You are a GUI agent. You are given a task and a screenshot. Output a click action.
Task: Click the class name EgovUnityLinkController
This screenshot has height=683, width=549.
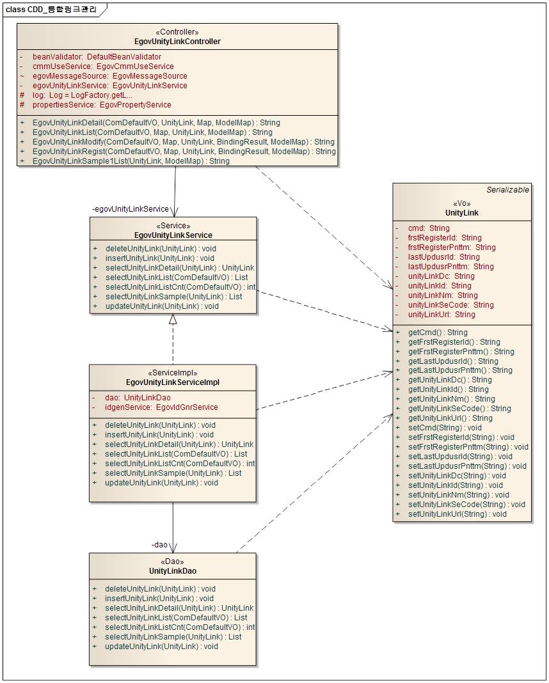pos(177,42)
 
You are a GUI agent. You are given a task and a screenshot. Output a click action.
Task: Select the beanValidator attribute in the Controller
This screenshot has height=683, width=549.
pos(97,57)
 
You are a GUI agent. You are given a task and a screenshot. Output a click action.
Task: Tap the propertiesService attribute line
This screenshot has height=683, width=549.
pos(101,105)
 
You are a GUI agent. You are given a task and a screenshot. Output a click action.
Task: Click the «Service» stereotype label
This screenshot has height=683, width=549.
pos(173,226)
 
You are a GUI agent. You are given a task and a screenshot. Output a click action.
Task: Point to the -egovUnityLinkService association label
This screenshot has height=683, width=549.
pos(131,209)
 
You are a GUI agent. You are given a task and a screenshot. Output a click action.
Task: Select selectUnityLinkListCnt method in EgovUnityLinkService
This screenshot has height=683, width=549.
pos(180,287)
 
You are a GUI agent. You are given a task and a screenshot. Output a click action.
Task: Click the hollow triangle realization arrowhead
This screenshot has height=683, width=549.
pos(173,319)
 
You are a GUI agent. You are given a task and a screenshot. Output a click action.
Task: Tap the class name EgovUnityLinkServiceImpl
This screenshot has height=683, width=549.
pos(173,382)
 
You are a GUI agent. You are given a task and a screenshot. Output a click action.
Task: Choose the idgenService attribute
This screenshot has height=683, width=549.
pos(161,407)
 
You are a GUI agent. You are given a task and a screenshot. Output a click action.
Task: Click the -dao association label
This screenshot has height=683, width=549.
pos(159,545)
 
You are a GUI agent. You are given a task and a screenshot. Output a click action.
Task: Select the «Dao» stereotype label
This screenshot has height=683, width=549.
pos(172,561)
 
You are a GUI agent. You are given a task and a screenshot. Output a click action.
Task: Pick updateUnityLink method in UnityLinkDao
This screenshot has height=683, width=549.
pos(161,647)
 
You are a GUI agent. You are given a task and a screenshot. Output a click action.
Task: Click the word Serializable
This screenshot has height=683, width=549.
pos(507,190)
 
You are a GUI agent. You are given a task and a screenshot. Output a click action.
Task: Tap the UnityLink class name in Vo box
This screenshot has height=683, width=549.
pos(461,213)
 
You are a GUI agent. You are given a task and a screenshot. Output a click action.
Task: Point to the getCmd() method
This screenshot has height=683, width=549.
pos(438,333)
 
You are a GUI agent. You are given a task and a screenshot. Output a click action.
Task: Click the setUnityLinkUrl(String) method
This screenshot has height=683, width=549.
pos(457,514)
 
